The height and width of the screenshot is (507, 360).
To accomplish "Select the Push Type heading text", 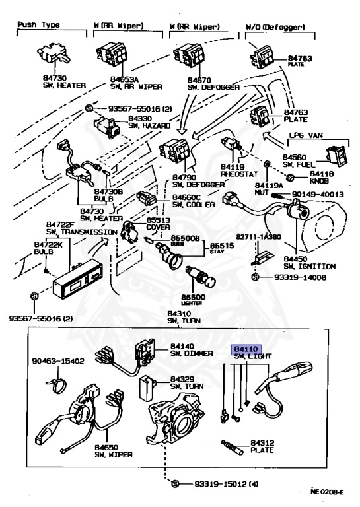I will click(38, 24).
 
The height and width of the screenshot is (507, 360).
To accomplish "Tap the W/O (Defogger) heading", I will click(275, 27).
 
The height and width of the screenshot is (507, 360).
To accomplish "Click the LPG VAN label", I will click(307, 135).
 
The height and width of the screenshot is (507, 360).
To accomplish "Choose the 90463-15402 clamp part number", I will click(59, 361).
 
